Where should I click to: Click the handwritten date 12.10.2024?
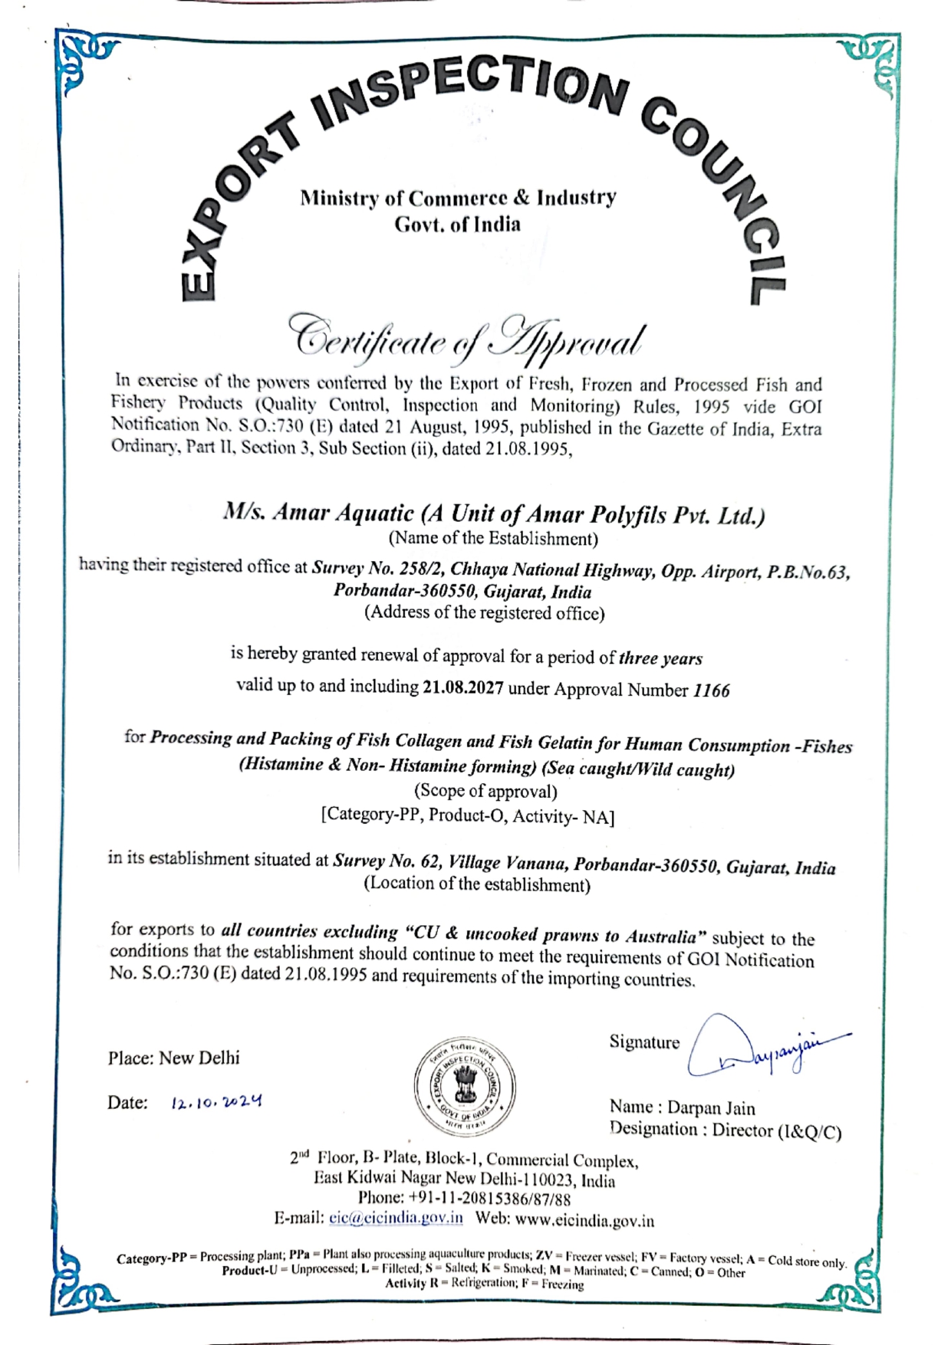pos(217,1103)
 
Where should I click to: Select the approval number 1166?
pos(711,691)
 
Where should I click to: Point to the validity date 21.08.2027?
pos(462,687)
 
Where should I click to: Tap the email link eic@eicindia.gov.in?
pos(396,1218)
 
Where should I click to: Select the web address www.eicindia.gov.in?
pos(584,1219)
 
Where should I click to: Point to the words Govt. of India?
pos(457,225)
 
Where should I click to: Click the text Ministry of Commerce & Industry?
pos(458,198)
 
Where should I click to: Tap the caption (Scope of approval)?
pos(485,791)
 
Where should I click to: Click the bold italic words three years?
pos(660,658)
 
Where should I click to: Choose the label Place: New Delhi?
pos(174,1058)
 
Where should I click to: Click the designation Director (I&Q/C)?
pos(776,1130)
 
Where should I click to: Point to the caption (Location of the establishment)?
pos(477,884)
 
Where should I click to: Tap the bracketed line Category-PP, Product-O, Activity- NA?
pos(468,815)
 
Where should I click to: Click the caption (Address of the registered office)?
pos(485,613)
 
